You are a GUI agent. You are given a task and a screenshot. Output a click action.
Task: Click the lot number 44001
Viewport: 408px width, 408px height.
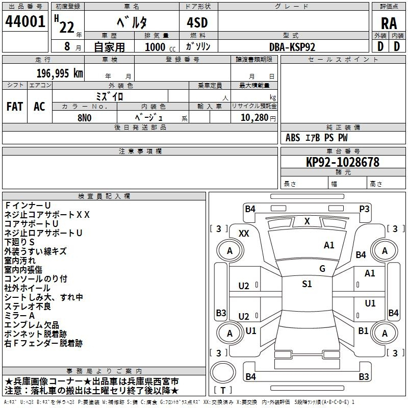(x=25, y=21)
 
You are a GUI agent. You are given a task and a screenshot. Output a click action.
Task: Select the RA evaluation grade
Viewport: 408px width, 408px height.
(x=389, y=23)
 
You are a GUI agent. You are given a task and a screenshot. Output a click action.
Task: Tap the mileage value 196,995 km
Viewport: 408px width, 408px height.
(x=60, y=73)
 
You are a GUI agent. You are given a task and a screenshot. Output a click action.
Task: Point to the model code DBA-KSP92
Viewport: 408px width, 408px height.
(x=292, y=47)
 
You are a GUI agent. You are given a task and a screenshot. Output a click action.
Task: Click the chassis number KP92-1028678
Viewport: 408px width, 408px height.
(x=343, y=162)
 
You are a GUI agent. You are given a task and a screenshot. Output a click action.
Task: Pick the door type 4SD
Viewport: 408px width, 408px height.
(x=197, y=22)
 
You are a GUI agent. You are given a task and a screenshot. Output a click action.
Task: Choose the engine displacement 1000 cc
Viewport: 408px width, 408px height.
(x=160, y=47)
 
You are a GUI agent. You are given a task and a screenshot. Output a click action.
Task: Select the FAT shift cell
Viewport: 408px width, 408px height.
(x=15, y=107)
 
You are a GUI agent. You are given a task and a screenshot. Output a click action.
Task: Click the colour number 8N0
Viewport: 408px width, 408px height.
(x=85, y=118)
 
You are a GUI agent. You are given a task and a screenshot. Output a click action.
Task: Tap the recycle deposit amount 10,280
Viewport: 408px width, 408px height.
(x=254, y=117)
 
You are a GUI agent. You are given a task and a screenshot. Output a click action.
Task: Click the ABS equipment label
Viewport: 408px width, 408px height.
(x=293, y=138)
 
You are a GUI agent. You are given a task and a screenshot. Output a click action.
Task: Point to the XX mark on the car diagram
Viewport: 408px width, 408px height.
(x=244, y=234)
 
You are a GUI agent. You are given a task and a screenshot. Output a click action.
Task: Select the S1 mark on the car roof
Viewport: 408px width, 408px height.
(x=307, y=284)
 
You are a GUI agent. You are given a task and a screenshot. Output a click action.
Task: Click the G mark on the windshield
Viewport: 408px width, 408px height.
(x=322, y=268)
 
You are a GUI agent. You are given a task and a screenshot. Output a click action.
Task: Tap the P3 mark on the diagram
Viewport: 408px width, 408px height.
(x=364, y=209)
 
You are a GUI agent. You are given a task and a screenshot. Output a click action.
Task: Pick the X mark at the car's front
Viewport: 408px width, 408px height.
(x=307, y=221)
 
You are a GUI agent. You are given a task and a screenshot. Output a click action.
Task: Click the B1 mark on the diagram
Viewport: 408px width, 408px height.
(x=363, y=330)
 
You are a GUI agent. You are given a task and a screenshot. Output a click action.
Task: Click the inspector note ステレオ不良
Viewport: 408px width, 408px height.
(x=28, y=307)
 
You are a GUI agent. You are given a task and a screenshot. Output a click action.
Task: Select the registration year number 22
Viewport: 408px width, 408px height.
(x=67, y=27)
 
